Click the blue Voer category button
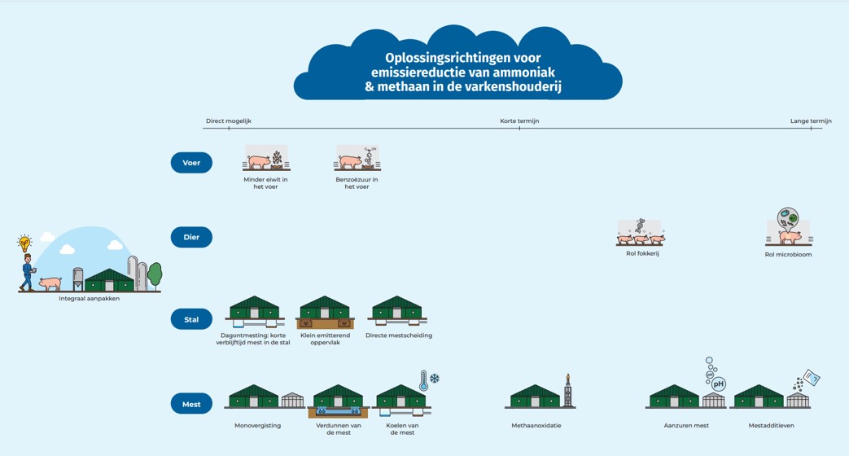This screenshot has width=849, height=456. tap(191, 163)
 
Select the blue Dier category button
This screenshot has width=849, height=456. tap(191, 237)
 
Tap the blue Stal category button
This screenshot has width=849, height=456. tap(191, 319)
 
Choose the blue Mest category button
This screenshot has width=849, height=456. tap(191, 404)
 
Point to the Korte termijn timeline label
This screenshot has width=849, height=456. tap(519, 121)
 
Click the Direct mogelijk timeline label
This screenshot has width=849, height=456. tap(229, 121)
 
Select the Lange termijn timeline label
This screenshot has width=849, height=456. tap(811, 121)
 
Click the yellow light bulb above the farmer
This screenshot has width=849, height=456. tap(24, 243)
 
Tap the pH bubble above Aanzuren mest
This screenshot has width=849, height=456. tap(718, 384)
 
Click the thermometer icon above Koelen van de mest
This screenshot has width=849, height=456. tap(423, 381)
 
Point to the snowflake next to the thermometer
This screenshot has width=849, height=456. tap(434, 378)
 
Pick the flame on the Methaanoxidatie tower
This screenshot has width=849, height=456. tap(567, 377)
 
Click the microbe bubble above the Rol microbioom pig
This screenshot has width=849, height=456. tap(787, 219)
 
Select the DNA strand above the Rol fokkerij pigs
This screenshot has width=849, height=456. tap(641, 226)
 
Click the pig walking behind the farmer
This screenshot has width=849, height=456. tap(50, 283)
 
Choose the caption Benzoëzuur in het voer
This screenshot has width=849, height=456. tap(357, 183)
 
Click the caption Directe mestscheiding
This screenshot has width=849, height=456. tap(399, 335)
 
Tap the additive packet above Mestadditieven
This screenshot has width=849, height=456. tap(811, 377)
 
